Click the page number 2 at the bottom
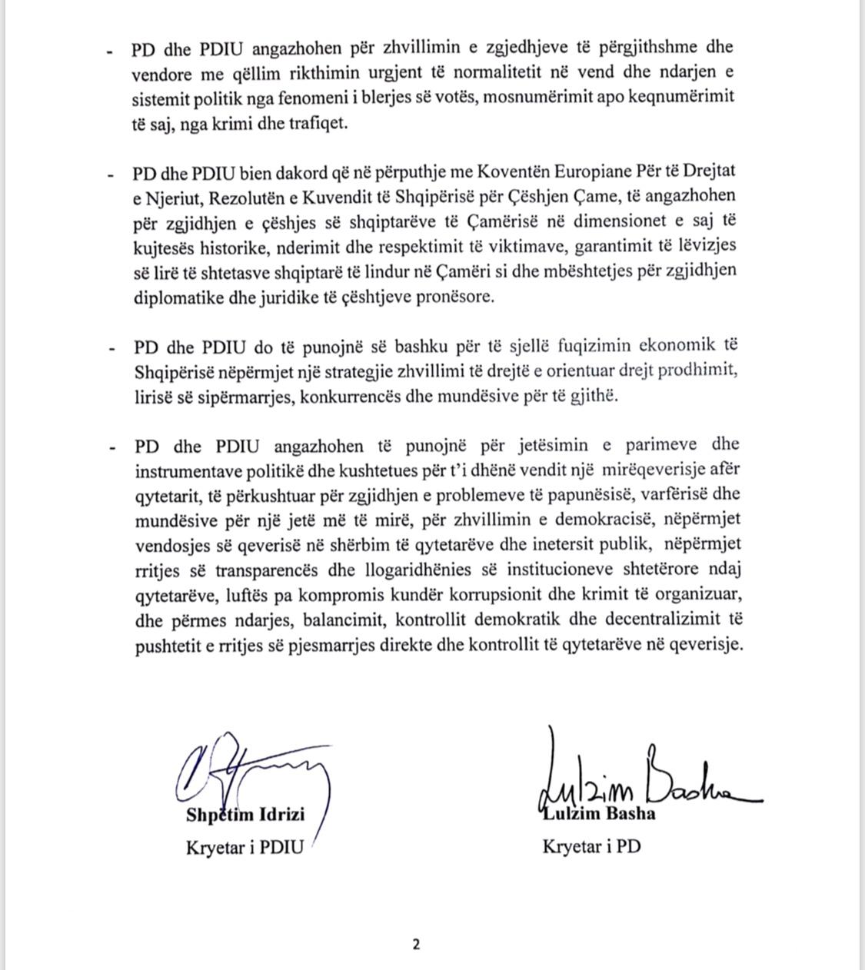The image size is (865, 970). [x=416, y=945]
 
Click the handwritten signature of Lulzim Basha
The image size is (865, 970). [x=646, y=776]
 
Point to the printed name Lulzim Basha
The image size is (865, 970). [x=599, y=813]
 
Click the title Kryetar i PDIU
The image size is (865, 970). [x=245, y=847]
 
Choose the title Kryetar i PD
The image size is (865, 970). [x=591, y=847]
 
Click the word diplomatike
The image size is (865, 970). [x=179, y=297]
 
